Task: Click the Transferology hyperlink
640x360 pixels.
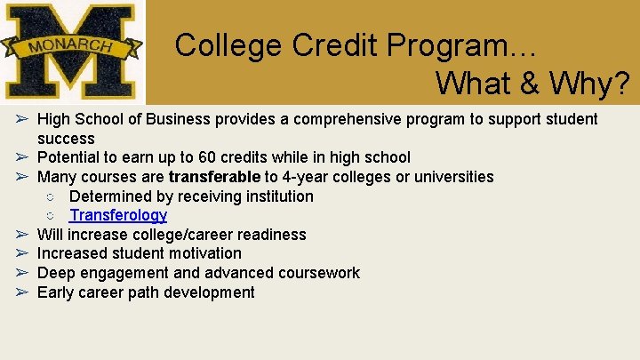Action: [x=118, y=215]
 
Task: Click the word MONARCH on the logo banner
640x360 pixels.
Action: [x=68, y=45]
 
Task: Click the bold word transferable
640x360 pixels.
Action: [x=214, y=177]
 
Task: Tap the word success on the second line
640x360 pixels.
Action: [x=66, y=139]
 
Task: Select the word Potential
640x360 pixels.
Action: [x=68, y=157]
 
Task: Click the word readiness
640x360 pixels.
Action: [x=270, y=235]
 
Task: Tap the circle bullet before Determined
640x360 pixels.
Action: [x=51, y=196]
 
